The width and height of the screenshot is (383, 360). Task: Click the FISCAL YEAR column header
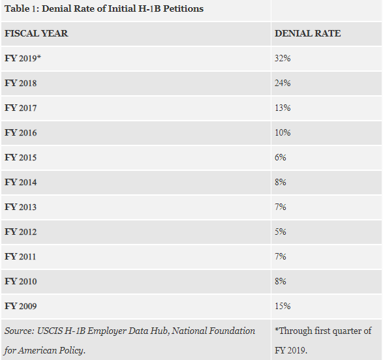(x=36, y=33)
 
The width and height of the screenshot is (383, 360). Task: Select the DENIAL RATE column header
(x=307, y=33)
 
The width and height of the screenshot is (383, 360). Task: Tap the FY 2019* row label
(x=23, y=58)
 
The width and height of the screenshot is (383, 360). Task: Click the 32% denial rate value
(x=283, y=58)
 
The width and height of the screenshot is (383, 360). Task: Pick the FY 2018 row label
(x=20, y=83)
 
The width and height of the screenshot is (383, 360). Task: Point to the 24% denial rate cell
(x=283, y=83)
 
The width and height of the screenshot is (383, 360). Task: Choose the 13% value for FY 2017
(x=283, y=108)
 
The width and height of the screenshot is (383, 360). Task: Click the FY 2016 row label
(x=20, y=133)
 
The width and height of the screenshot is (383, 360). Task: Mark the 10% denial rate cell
(x=283, y=133)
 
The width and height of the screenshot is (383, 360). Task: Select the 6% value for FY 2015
(x=281, y=157)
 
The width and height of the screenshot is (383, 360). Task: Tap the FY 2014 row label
(x=20, y=183)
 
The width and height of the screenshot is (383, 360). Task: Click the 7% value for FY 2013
(x=281, y=207)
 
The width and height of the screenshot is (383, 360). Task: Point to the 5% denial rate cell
(x=281, y=232)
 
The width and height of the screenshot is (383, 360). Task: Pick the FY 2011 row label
(x=20, y=257)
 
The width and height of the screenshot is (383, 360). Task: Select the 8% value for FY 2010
(x=281, y=281)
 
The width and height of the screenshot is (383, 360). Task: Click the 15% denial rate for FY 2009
(x=283, y=306)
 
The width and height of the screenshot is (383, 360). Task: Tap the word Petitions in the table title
(x=183, y=8)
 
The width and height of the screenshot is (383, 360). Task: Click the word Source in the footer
(x=20, y=331)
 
